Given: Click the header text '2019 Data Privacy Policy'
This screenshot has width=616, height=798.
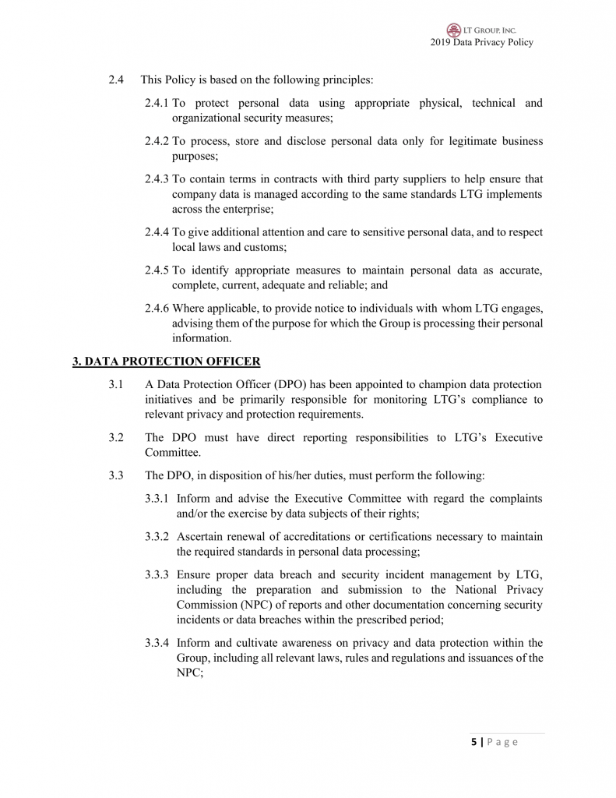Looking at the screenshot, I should pyautogui.click(x=481, y=42).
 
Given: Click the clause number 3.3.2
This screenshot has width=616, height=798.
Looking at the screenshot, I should pyautogui.click(x=158, y=537).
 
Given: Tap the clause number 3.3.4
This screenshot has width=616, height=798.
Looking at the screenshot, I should pyautogui.click(x=158, y=643).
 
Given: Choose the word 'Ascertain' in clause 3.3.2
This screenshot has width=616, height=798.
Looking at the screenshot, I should pyautogui.click(x=200, y=537).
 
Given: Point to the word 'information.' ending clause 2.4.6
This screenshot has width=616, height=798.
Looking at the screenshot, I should pyautogui.click(x=201, y=338).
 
